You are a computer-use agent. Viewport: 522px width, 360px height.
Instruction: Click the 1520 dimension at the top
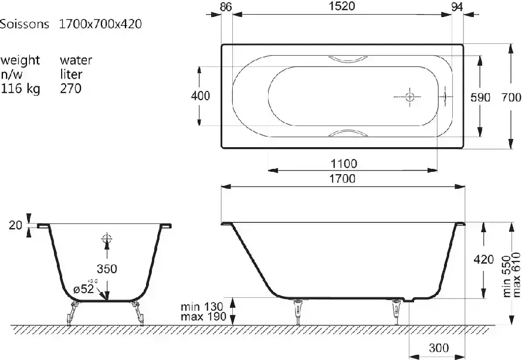(x=343, y=6)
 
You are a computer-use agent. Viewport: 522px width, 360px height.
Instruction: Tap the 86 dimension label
(x=226, y=6)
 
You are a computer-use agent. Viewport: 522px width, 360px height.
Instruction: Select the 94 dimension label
(x=457, y=6)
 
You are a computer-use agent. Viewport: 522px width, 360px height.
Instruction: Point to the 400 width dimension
(x=201, y=96)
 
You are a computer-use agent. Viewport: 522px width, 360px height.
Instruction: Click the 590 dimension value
(x=480, y=97)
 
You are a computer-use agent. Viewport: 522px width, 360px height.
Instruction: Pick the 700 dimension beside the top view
(x=511, y=97)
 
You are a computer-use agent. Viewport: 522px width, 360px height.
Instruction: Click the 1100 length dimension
(x=344, y=164)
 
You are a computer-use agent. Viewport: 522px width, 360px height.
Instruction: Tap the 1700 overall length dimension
(x=343, y=179)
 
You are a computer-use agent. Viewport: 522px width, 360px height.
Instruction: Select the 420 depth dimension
(x=484, y=259)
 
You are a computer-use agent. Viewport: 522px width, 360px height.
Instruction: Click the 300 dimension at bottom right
(x=439, y=348)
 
